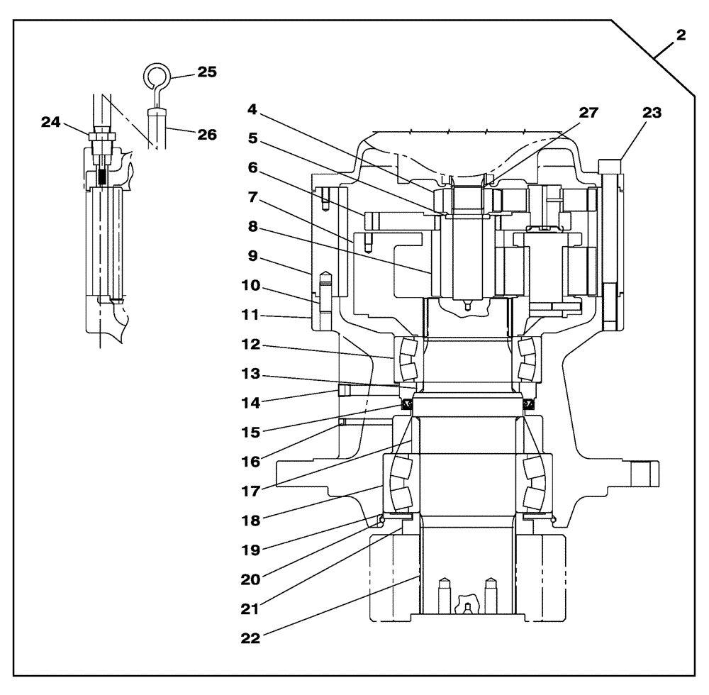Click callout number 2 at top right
[x=681, y=36]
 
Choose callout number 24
[x=50, y=121]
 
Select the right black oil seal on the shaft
[x=528, y=404]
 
